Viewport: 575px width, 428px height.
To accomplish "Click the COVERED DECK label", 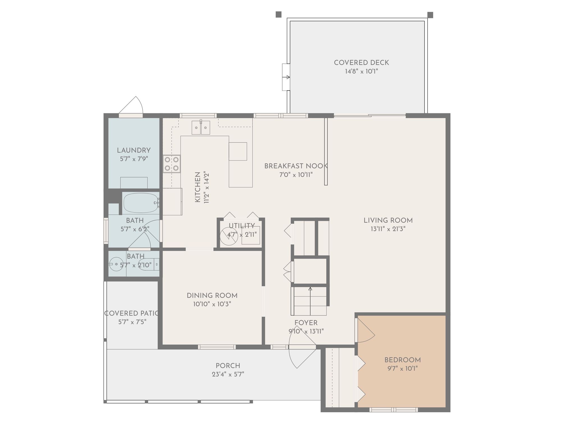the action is coord(361,63).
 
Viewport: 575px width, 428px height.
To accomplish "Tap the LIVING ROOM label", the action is coord(388,220).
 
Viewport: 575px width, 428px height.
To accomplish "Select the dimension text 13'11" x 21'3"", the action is coord(388,229).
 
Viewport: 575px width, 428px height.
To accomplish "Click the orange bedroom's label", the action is coord(402,360).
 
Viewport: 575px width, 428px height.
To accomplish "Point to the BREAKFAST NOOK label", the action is coord(296,166).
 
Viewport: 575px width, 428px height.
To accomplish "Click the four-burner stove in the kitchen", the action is coord(172,164).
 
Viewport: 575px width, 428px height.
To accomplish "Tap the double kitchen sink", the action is coord(201,128).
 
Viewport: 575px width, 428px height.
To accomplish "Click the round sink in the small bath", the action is coord(117,264).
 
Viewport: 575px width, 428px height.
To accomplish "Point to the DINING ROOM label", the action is coord(212,295).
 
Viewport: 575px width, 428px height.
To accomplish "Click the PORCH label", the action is coord(228,366).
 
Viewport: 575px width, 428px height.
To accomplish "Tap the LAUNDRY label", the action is coord(134,150).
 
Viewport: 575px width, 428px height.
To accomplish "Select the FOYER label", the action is coord(306,323).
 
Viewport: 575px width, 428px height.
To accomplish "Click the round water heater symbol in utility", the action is coord(229,236).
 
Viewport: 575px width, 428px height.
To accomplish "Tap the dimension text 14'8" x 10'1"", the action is coord(361,71).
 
